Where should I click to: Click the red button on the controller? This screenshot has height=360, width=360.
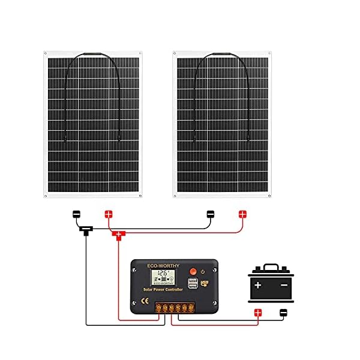193,270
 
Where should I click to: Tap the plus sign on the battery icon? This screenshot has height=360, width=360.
258,284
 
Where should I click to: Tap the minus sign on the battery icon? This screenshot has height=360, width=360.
284,284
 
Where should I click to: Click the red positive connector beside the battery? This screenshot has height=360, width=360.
258,312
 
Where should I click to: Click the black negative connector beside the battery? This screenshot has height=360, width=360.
283,312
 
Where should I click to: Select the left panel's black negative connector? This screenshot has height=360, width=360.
77,214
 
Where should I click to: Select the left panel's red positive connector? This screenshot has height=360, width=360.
109,214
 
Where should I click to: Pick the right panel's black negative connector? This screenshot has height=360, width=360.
210,214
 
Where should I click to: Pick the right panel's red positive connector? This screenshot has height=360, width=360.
242,214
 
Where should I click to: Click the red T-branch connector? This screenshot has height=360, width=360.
119,235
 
